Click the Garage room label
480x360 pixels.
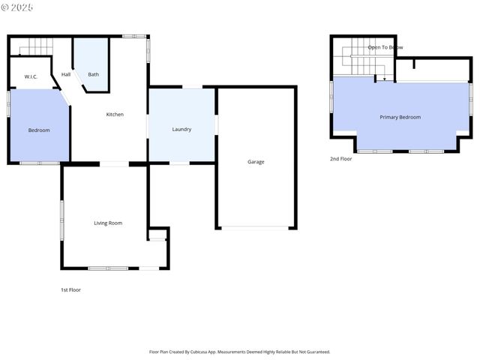pos(256,161)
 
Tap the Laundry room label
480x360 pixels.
pos(181,129)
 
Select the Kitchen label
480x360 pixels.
pos(115,114)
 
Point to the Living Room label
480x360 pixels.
pos(108,223)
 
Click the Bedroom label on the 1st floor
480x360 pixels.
pos(39,130)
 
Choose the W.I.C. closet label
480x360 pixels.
pos(31,76)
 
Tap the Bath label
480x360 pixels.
pos(93,74)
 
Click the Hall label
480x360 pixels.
pos(66,74)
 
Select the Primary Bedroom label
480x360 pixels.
pos(400,117)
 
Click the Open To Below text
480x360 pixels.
pos(385,47)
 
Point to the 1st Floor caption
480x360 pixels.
pos(70,289)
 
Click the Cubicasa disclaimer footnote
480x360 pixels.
pos(239,351)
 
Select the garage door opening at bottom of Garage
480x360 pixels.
pos(256,227)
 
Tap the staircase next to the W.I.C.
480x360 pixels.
pos(34,47)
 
